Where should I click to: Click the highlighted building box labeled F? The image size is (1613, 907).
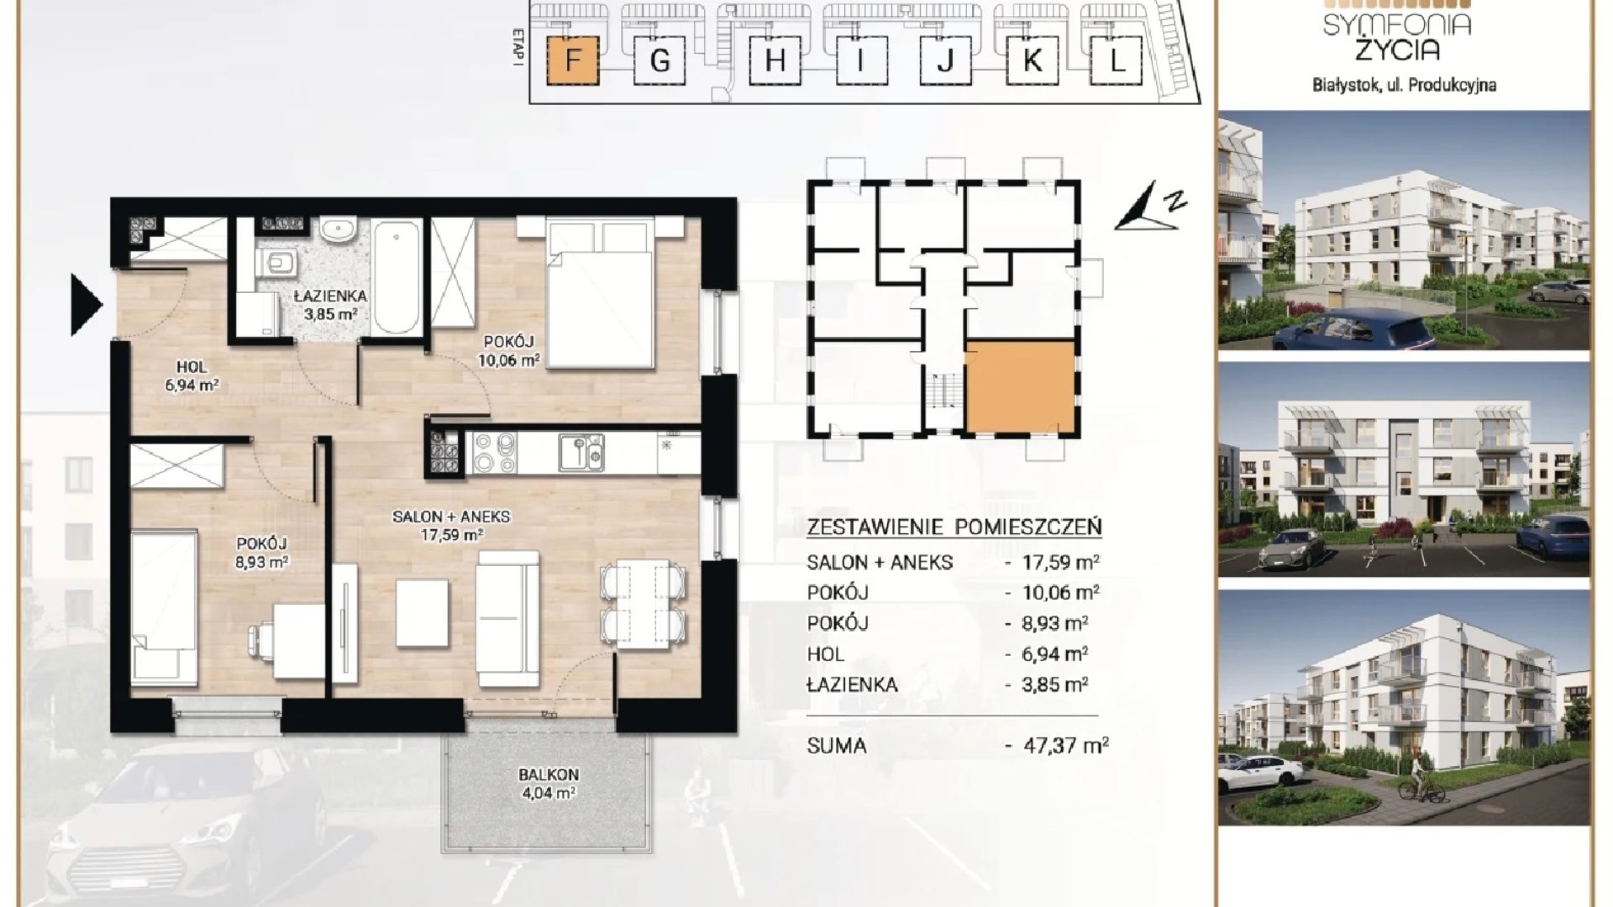click(573, 60)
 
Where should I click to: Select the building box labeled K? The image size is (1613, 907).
click(1032, 60)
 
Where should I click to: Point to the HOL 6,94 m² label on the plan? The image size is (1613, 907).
click(192, 376)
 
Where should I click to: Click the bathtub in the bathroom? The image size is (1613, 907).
click(399, 276)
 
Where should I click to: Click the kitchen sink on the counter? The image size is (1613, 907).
click(581, 453)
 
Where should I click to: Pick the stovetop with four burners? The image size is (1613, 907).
click(494, 453)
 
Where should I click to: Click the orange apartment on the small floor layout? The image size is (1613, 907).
click(1020, 386)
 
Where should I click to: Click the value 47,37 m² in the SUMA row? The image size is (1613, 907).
click(1066, 745)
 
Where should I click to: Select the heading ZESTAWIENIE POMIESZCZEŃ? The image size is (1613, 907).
click(954, 527)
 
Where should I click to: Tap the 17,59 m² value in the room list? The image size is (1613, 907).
click(1061, 561)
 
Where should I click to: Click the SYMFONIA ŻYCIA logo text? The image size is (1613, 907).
click(1397, 38)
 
